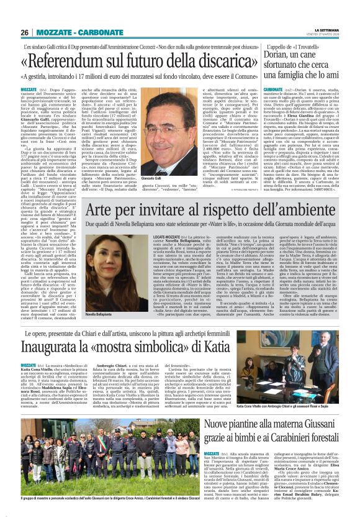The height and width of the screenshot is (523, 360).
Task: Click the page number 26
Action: [24, 32]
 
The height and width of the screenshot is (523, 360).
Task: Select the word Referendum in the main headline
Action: [71, 61]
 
